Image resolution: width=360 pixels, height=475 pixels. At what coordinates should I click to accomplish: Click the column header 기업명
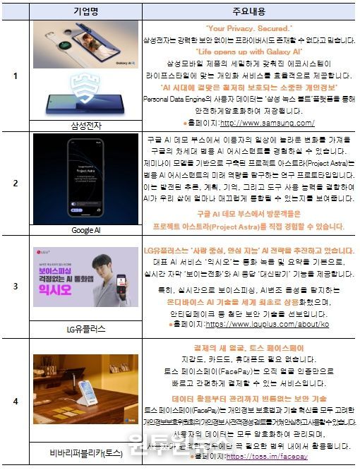pos(86,12)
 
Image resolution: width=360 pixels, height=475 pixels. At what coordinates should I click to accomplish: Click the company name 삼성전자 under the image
pos(86,124)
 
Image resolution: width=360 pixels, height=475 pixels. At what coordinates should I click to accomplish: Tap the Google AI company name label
pos(86,230)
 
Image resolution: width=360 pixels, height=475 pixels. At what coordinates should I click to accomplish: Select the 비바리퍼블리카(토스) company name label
pos(86,453)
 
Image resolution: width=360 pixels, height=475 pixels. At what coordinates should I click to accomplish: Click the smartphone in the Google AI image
pos(86,178)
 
